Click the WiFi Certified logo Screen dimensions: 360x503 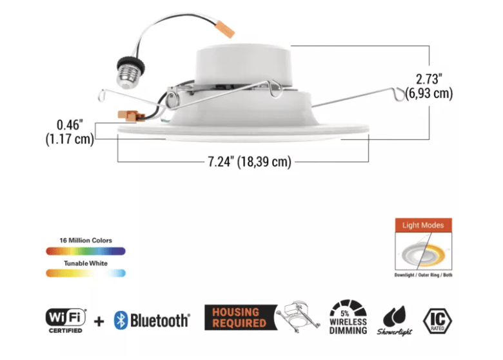(x=66, y=319)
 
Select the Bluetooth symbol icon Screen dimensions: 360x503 (x=120, y=319)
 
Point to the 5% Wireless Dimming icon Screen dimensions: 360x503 (x=348, y=317)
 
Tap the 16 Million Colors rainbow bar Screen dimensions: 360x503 (x=85, y=250)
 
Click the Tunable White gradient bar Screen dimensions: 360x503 (x=85, y=273)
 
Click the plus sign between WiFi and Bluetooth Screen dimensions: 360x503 (x=98, y=319)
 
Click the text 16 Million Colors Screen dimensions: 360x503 (x=85, y=241)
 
